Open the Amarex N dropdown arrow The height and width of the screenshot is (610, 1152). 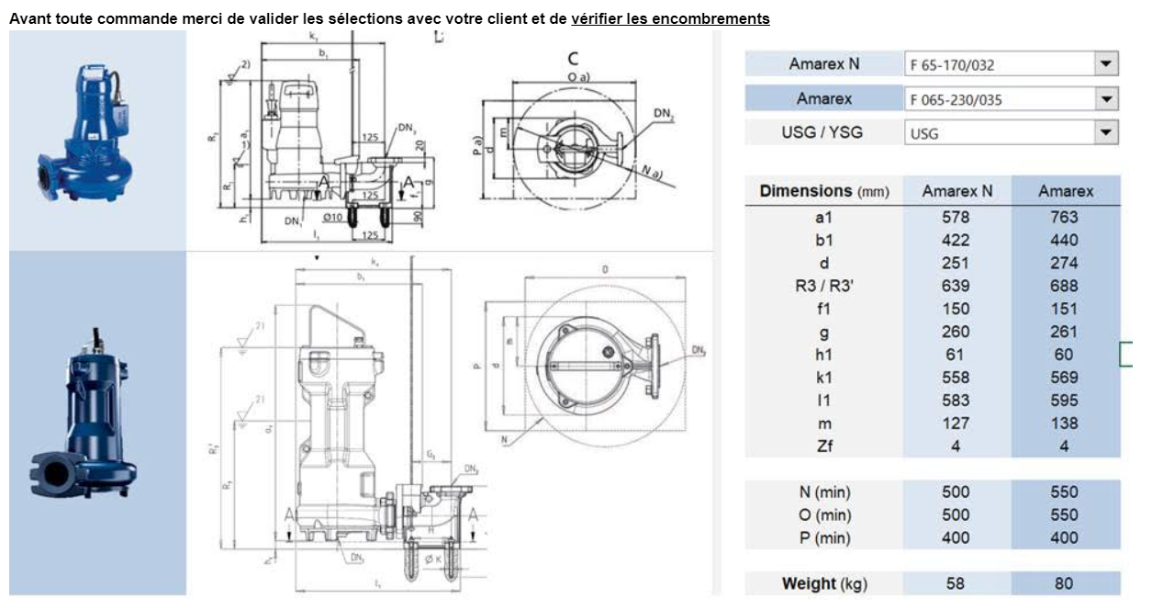pos(1107,64)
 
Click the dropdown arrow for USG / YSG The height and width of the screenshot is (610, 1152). pos(1107,133)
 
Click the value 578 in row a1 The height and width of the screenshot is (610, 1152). pos(956,218)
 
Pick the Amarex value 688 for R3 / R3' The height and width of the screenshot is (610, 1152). pos(1065,287)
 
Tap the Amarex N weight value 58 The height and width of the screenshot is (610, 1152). pos(956,583)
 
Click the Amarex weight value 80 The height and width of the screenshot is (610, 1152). pos(1065,583)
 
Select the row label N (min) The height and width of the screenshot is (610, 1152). pos(823,492)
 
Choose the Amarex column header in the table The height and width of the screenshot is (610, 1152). pos(1066,191)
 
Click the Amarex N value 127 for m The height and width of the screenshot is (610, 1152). pos(956,424)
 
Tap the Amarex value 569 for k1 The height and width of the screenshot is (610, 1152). pos(1065,378)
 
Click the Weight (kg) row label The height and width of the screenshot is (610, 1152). pos(824,583)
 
